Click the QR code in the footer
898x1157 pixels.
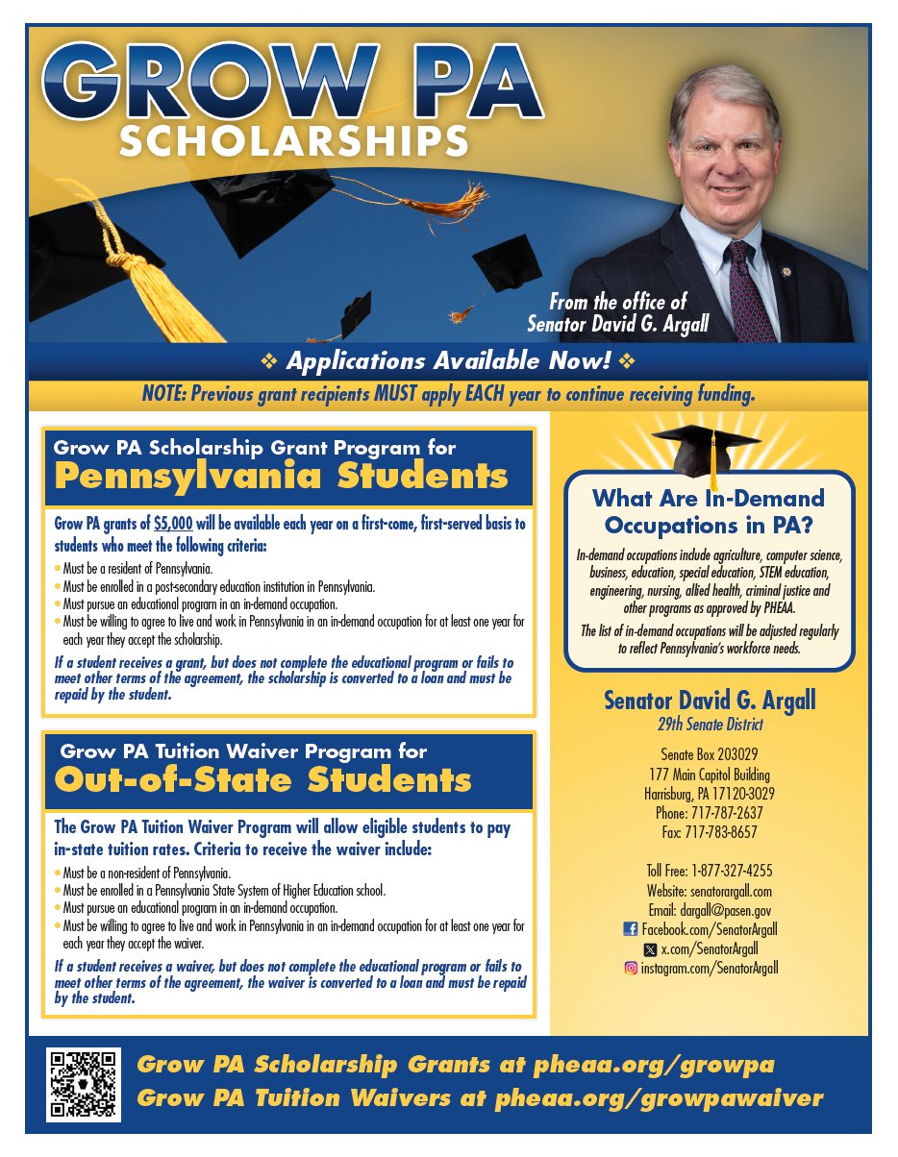(84, 1084)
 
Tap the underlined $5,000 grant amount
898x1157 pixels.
(173, 525)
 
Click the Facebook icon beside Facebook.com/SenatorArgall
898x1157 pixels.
(631, 929)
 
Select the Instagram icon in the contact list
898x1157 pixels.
(631, 968)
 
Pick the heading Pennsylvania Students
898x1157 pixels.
(281, 476)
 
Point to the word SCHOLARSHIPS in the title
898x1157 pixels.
(294, 140)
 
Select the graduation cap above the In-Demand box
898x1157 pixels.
(707, 451)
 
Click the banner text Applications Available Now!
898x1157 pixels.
(449, 362)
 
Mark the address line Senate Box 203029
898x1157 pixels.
(710, 755)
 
